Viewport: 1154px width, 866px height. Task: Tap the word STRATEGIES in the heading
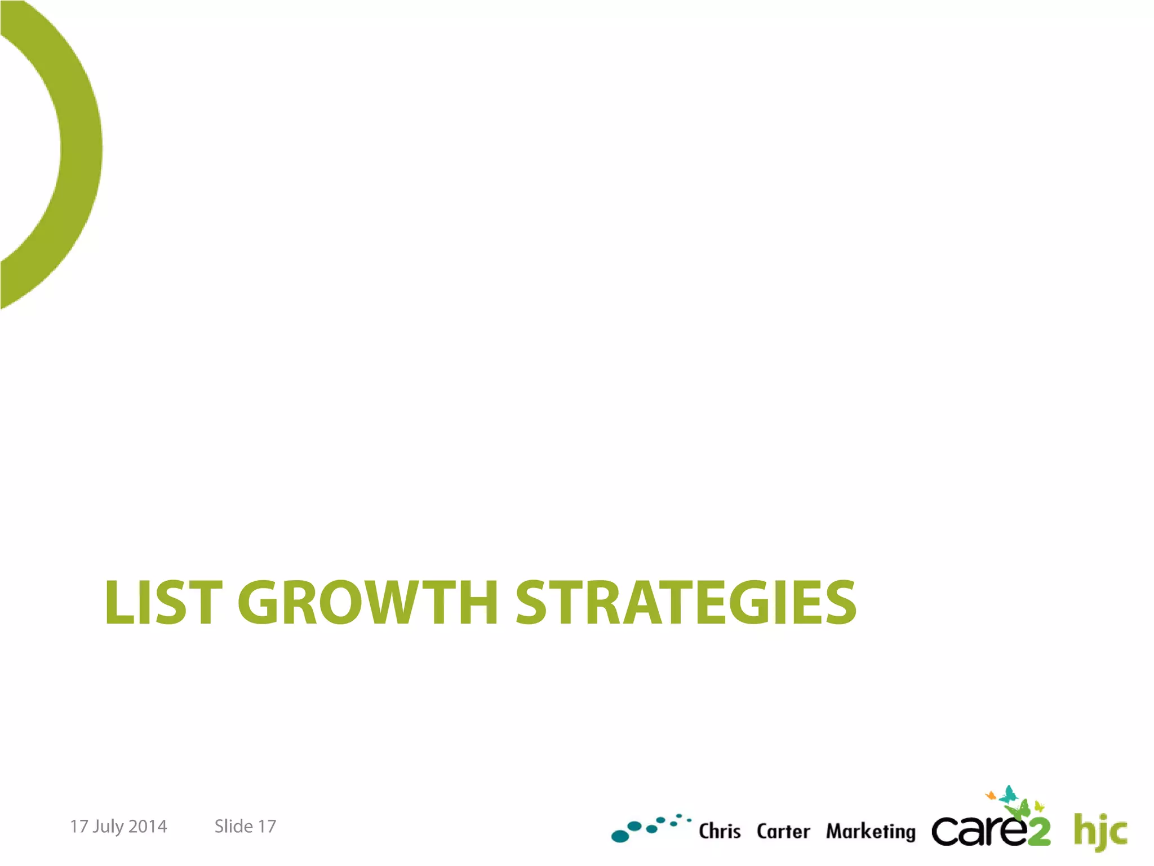click(x=686, y=603)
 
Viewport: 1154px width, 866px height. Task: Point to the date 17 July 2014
click(x=118, y=827)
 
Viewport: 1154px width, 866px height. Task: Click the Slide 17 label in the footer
click(x=245, y=827)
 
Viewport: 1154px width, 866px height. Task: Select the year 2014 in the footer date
click(x=148, y=827)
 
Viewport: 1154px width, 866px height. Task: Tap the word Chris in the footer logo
click(x=720, y=831)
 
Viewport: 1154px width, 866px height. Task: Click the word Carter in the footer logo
click(x=783, y=831)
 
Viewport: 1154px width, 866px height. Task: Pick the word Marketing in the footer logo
click(x=871, y=832)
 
